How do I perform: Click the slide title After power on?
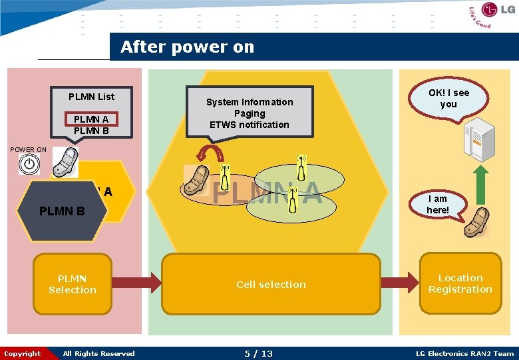(187, 47)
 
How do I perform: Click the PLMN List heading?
(91, 97)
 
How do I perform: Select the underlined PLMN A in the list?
(91, 119)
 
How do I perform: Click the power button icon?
(29, 164)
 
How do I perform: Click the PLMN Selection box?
(73, 284)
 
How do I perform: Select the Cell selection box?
(271, 285)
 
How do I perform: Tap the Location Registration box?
(460, 283)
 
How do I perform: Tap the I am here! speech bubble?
(438, 205)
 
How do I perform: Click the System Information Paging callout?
(249, 113)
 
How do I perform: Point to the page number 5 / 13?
(258, 354)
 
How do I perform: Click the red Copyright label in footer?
(22, 354)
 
